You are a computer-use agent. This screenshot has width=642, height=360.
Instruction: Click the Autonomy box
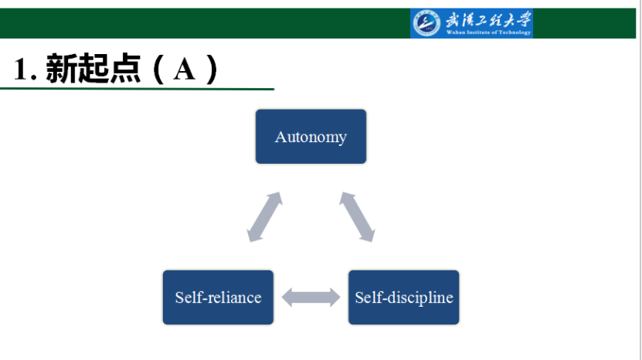[311, 137]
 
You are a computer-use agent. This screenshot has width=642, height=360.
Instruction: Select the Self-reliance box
[218, 297]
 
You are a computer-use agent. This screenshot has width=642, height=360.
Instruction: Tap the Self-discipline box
[404, 297]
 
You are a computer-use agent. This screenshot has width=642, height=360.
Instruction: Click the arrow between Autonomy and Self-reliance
[264, 216]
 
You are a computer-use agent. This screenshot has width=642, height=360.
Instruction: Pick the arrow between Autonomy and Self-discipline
[358, 216]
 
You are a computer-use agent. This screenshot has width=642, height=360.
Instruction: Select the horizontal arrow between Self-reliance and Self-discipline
[311, 297]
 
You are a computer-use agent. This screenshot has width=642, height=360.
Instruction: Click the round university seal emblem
[426, 23]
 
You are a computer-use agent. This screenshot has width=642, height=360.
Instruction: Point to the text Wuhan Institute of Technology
[488, 32]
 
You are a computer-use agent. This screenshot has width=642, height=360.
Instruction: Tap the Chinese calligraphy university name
[488, 19]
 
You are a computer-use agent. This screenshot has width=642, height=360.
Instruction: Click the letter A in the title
[184, 70]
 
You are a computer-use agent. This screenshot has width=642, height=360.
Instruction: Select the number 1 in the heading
[20, 69]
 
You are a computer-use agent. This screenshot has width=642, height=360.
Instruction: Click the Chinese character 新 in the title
[61, 69]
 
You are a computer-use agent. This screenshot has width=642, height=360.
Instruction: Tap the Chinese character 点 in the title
[125, 69]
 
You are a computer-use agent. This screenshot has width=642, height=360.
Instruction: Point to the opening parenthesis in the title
[159, 70]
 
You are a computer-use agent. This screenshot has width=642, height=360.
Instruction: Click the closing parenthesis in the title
[212, 70]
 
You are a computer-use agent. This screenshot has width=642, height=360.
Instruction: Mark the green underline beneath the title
[137, 89]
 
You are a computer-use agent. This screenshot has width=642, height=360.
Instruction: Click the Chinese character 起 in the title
[93, 69]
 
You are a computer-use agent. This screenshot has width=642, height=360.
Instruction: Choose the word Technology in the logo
[515, 32]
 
